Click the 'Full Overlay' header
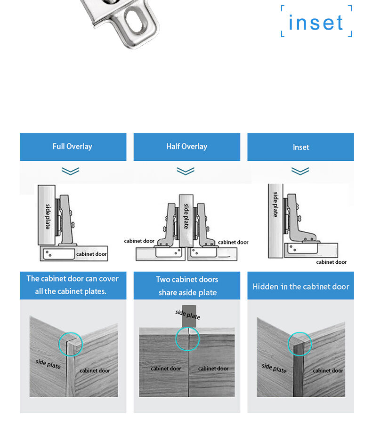(x=73, y=146)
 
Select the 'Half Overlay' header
(x=186, y=146)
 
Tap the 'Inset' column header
(x=301, y=147)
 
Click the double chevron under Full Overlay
(x=71, y=171)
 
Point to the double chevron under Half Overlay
(x=186, y=171)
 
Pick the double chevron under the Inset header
(x=300, y=171)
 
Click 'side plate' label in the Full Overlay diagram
(x=48, y=217)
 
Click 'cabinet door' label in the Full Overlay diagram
(x=91, y=254)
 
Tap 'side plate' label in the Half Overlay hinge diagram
(x=186, y=216)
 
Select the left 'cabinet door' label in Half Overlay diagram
(x=139, y=241)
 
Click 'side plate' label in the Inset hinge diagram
(x=275, y=205)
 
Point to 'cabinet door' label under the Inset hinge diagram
(x=332, y=262)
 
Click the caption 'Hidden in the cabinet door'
(x=301, y=287)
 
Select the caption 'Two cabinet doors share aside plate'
(x=187, y=286)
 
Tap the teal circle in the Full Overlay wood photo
(x=71, y=332)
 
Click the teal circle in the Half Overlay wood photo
(x=187, y=327)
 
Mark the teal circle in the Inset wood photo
(x=300, y=332)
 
